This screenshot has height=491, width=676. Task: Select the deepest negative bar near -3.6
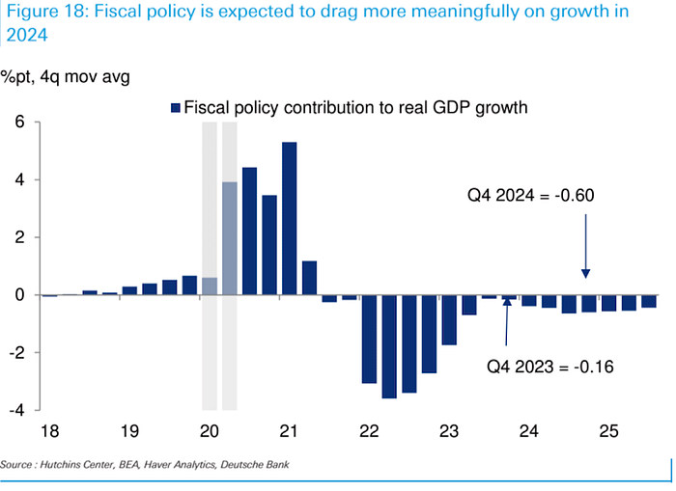tap(389, 346)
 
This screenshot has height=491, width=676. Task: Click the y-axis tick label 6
tap(18, 123)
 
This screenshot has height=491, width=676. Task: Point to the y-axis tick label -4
tap(15, 410)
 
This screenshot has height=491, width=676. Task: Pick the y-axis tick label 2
tap(18, 237)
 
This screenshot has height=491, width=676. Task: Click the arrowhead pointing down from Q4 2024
tap(586, 274)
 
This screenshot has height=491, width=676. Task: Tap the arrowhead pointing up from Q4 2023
tap(507, 311)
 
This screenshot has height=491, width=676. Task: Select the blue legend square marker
tap(176, 108)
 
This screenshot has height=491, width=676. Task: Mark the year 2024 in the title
tap(30, 36)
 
